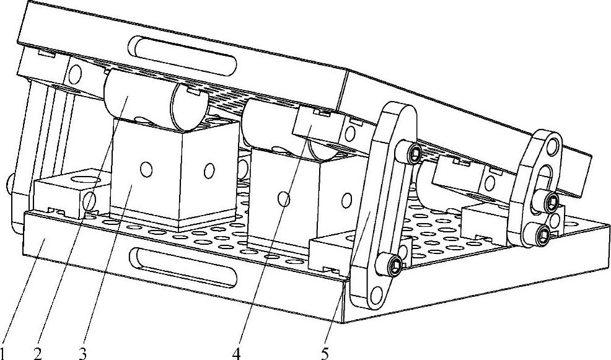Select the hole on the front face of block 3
tap(146, 168)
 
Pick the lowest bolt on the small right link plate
tap(543, 233)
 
